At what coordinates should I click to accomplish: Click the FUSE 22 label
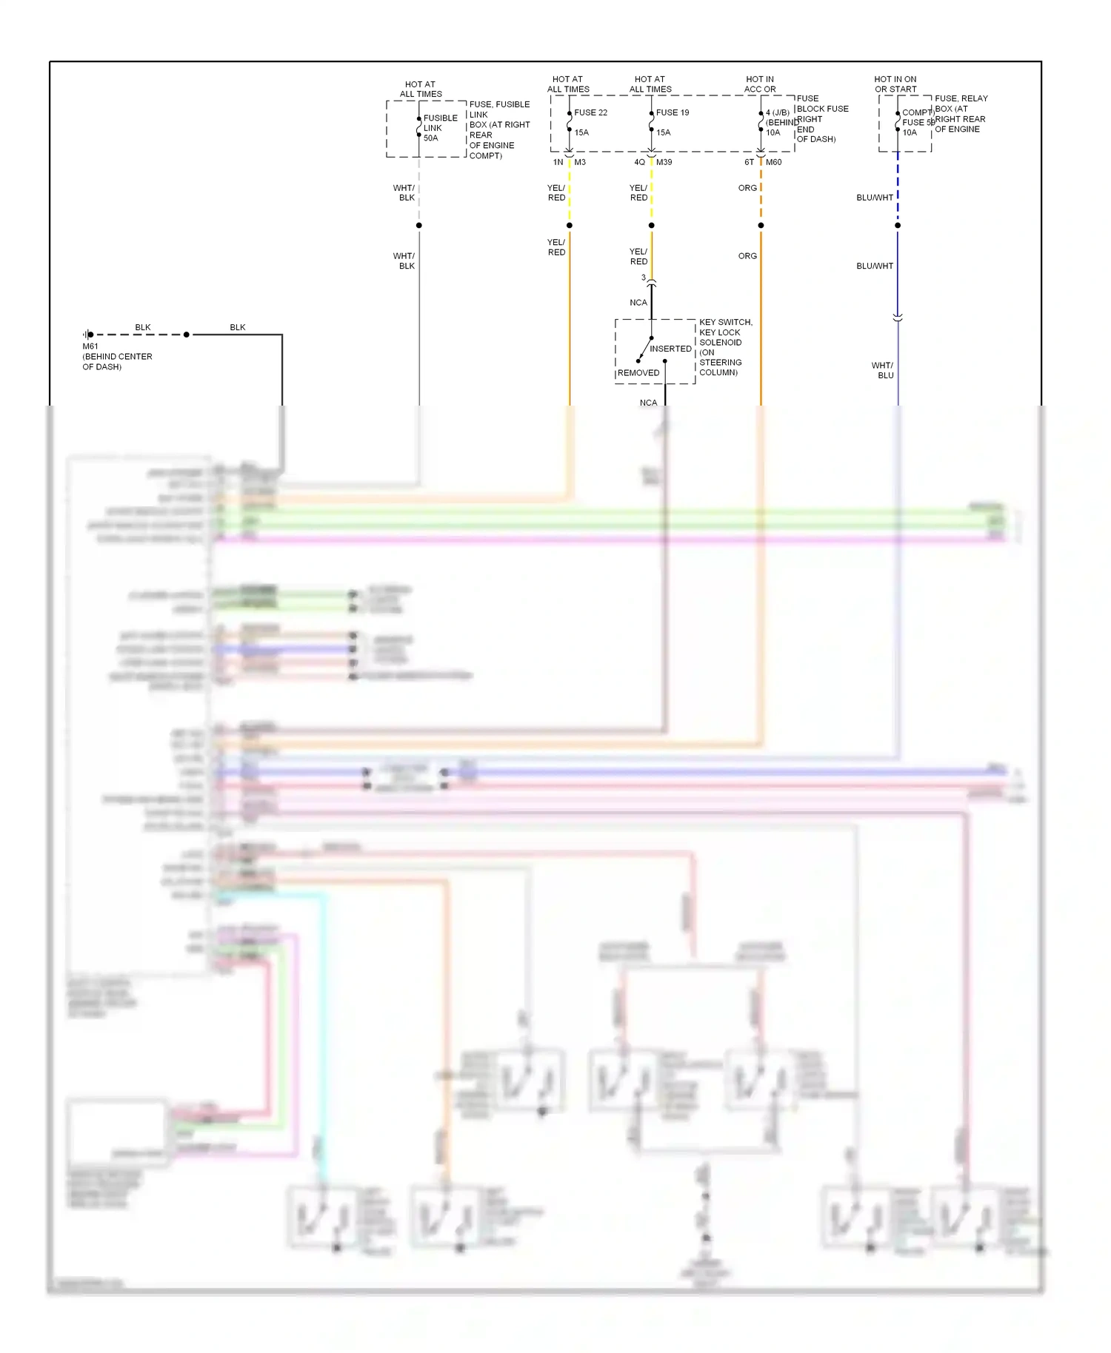590,113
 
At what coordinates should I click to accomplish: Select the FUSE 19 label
673,113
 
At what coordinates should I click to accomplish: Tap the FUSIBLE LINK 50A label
440,128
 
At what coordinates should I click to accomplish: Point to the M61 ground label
90,346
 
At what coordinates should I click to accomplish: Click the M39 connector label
664,162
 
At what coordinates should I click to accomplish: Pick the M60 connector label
773,162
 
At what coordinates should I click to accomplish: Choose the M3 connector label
580,162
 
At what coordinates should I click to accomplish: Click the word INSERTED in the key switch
670,349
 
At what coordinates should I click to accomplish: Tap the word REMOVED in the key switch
638,373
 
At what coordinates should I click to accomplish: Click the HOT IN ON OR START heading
895,84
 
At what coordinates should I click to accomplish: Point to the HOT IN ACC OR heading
760,84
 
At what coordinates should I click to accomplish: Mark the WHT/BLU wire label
883,370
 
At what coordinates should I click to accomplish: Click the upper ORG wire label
747,188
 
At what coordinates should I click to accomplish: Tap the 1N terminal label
558,162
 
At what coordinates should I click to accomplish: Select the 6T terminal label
749,162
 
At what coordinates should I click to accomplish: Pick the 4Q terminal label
639,162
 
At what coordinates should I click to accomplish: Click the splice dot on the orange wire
761,225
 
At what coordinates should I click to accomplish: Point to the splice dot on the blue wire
898,225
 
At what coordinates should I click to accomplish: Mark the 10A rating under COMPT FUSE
910,132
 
